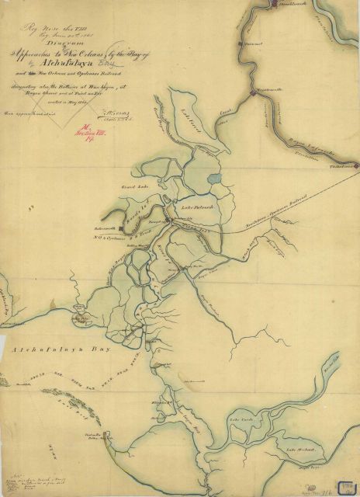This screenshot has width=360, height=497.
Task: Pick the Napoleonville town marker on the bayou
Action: [x=254, y=93]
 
